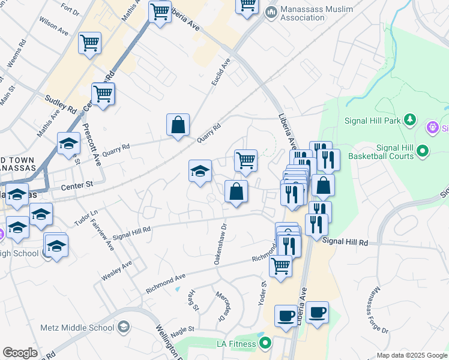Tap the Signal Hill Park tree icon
pos(410,120)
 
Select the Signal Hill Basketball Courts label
pos(394,152)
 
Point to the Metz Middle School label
pos(77,328)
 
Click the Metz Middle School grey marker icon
pos(124,327)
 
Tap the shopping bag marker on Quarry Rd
pos(178,126)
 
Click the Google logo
pos(20,353)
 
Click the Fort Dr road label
pos(70,8)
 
